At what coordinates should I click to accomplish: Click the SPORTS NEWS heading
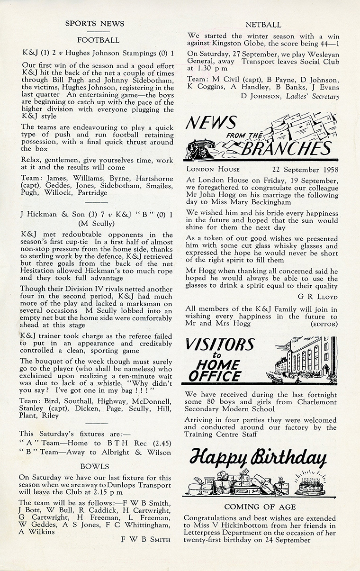point(95,23)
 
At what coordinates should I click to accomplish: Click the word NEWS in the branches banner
point(211,124)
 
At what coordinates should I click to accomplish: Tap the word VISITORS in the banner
point(220,344)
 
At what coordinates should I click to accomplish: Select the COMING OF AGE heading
point(260,507)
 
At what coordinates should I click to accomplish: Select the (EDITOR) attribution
point(324,324)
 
